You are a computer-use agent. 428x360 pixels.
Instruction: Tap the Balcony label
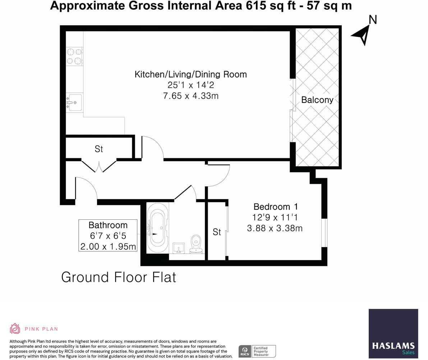(x=317, y=100)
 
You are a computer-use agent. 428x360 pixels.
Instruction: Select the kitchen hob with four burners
(x=74, y=56)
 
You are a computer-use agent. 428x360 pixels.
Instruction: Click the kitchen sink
(x=74, y=102)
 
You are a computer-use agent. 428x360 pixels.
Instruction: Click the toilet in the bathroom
(x=196, y=243)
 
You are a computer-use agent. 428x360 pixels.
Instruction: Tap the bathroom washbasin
(x=179, y=248)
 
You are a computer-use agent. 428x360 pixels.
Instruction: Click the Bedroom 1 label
(x=275, y=207)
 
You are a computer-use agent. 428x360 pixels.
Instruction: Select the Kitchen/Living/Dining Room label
(x=190, y=74)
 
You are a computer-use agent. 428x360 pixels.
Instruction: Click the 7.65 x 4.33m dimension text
(x=190, y=96)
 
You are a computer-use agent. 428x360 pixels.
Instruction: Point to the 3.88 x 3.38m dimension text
(x=275, y=228)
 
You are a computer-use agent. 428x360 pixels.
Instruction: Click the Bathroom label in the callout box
(x=108, y=225)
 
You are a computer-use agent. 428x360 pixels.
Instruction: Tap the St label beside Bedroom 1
(x=217, y=232)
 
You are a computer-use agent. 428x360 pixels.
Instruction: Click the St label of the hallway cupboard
(x=99, y=149)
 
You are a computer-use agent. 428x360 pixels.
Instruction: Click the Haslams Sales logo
(x=393, y=333)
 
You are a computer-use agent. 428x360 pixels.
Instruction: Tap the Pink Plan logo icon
(x=15, y=329)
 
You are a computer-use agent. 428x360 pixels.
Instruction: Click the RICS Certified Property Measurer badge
(x=257, y=351)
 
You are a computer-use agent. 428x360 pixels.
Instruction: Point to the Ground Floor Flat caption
(x=119, y=277)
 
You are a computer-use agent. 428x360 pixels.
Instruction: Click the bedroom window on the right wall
(x=325, y=233)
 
